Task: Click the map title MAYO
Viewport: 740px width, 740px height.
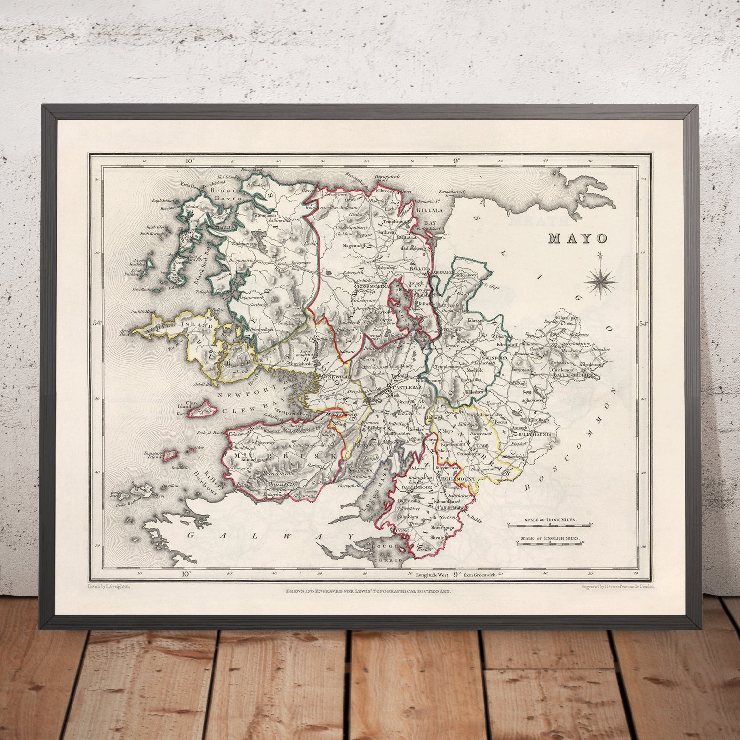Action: pos(578,238)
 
